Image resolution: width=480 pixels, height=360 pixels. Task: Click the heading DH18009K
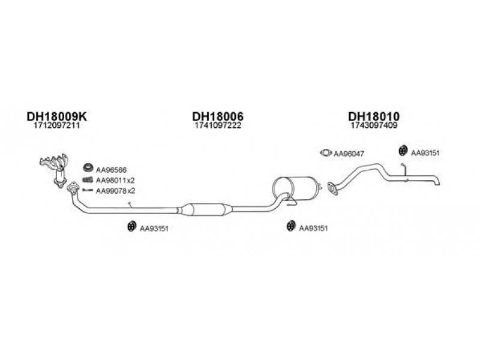[x=56, y=116]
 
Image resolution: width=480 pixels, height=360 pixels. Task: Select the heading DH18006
[x=218, y=116]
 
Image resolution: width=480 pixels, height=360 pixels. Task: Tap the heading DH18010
[x=374, y=116]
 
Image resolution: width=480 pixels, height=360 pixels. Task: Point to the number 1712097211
[x=56, y=125]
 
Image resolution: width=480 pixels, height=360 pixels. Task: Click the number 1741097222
[x=218, y=125]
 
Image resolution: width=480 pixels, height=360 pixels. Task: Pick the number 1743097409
[x=374, y=125]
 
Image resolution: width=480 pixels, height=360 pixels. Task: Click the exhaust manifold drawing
[x=55, y=169]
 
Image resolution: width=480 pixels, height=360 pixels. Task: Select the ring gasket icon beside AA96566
[x=88, y=168]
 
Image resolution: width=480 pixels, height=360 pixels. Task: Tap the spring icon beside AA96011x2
[x=88, y=179]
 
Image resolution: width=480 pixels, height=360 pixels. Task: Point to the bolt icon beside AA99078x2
[x=88, y=190]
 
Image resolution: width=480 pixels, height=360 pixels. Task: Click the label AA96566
[x=111, y=170]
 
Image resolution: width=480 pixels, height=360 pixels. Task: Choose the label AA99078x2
[x=115, y=191]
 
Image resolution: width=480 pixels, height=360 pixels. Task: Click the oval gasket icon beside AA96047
[x=326, y=152]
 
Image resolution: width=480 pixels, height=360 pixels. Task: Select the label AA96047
[x=349, y=154]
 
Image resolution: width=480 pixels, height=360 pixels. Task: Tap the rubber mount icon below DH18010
[x=402, y=151]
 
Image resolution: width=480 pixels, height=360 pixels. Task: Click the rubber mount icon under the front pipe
[x=131, y=226]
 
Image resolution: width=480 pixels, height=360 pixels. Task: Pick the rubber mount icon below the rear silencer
[x=290, y=226]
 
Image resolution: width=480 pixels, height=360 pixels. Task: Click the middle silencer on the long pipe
[x=206, y=209]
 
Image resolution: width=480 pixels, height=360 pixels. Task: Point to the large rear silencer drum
[x=296, y=188]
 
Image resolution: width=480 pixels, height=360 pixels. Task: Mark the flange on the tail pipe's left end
[x=332, y=188]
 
